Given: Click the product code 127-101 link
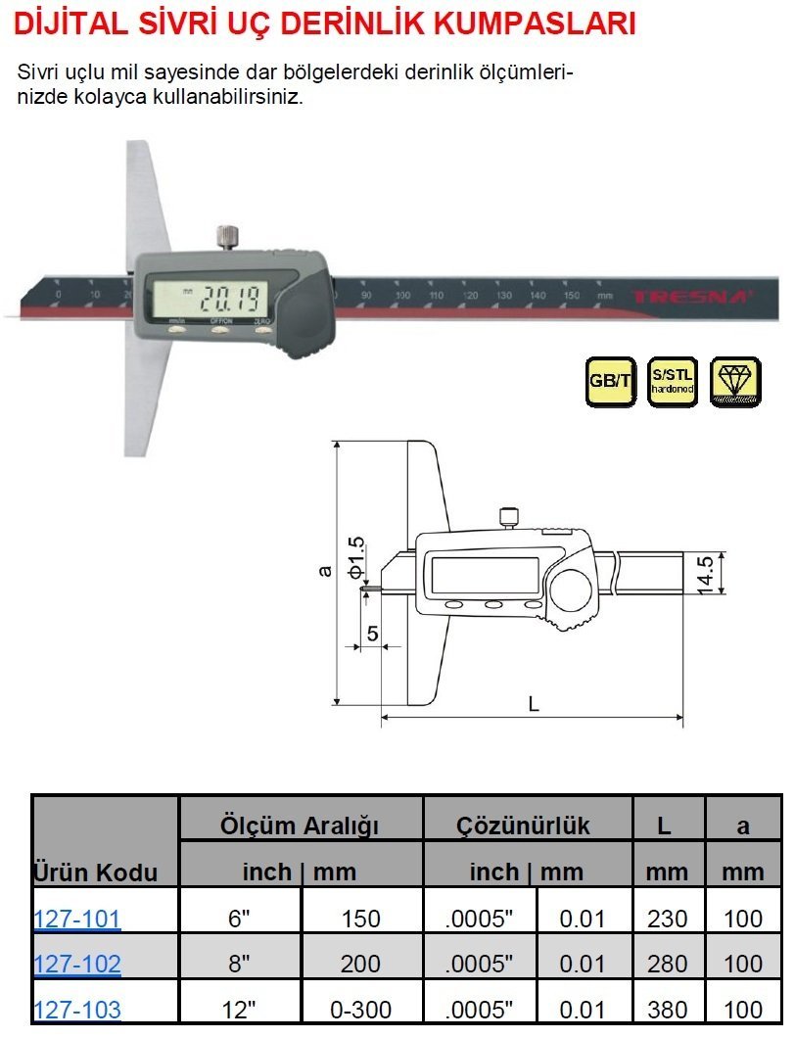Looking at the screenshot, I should coord(77,919).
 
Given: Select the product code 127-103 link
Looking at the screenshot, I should coord(77,1009).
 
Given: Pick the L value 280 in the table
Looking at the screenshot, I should coord(668,964).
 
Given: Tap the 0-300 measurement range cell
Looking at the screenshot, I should coord(360,1009).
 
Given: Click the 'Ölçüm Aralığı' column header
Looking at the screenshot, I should coord(301,826).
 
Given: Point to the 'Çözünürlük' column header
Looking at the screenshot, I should coord(524,826).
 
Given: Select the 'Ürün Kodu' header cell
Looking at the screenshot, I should coord(95,872).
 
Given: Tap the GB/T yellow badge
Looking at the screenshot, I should coord(610,381).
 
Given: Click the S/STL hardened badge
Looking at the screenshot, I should coord(673,381).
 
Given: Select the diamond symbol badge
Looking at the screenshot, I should coord(735,381).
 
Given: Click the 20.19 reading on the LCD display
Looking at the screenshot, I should coord(231,294).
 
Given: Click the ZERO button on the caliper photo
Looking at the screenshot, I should coord(263,330).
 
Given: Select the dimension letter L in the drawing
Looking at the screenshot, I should coord(533,703).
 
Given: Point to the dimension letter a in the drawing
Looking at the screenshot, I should coord(326,569).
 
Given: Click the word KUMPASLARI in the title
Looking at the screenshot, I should coord(544,23).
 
